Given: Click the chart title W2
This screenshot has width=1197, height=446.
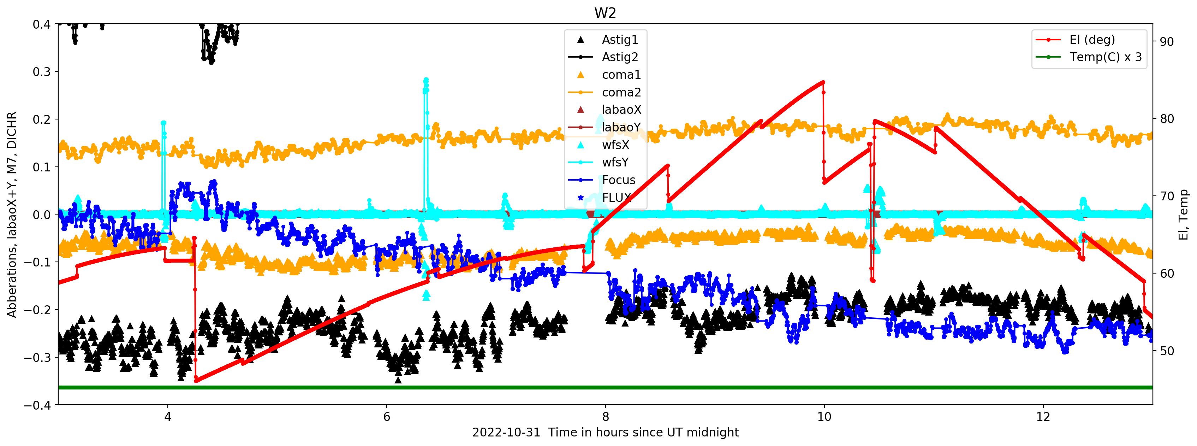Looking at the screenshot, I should coord(605,13).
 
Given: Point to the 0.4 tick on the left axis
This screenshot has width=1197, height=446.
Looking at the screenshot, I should coord(41,24).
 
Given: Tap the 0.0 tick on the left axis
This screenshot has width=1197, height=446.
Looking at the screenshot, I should coord(41,215).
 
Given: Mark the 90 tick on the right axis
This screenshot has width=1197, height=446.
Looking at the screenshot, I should coord(1166,42).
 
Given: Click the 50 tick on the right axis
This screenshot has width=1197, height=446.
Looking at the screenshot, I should coord(1166,351).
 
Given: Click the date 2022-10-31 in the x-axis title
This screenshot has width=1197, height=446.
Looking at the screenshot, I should coord(506,433).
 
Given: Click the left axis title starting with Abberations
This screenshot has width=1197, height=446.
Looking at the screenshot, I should coord(12,215).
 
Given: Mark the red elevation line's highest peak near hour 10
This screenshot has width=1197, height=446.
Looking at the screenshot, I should coord(823,82).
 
